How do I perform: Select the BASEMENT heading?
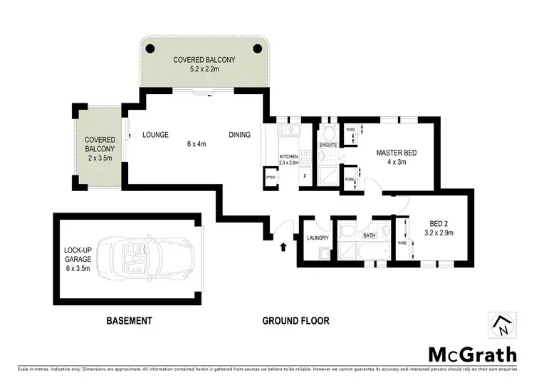130,321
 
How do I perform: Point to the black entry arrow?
284,247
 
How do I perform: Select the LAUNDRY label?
315,238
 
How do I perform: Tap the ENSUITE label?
328,145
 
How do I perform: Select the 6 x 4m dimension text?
196,144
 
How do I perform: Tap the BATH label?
369,235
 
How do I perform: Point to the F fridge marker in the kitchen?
305,175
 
